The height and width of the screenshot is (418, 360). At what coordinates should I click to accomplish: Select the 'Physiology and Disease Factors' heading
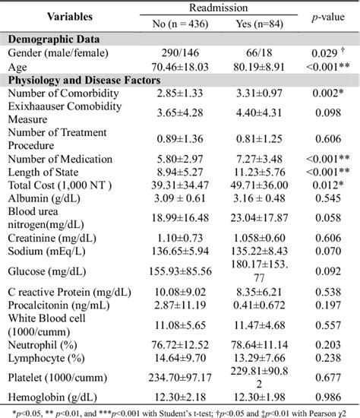coord(85,79)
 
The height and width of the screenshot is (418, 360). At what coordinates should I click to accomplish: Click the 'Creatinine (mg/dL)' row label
coord(55,239)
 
